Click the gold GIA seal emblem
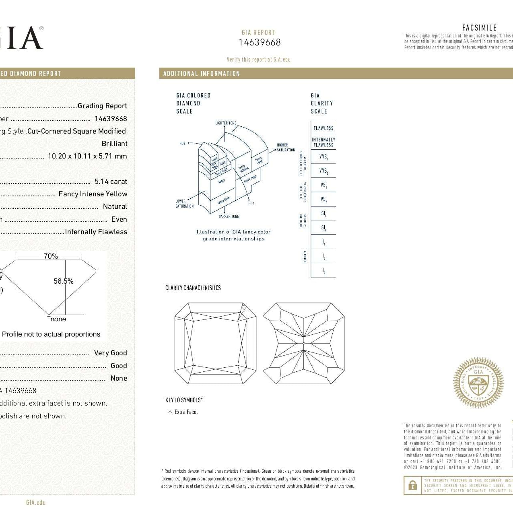(x=478, y=383)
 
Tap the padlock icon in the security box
(x=412, y=486)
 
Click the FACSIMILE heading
(x=479, y=28)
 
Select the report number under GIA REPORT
(x=260, y=42)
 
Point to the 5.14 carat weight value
(x=111, y=181)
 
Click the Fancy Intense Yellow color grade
(x=93, y=194)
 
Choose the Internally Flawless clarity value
(x=96, y=232)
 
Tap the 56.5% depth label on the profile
(x=64, y=281)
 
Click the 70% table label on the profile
(x=51, y=256)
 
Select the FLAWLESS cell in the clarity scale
(x=323, y=128)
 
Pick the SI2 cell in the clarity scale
(x=324, y=228)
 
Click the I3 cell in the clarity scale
(x=324, y=271)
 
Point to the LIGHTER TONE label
(x=226, y=123)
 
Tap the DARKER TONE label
(x=229, y=216)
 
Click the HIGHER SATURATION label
(x=286, y=147)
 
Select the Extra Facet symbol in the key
(x=170, y=412)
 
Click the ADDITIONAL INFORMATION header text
(x=202, y=74)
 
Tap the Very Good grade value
(x=111, y=353)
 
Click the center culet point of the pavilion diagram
(x=303, y=343)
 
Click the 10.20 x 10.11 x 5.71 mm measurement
(x=87, y=156)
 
